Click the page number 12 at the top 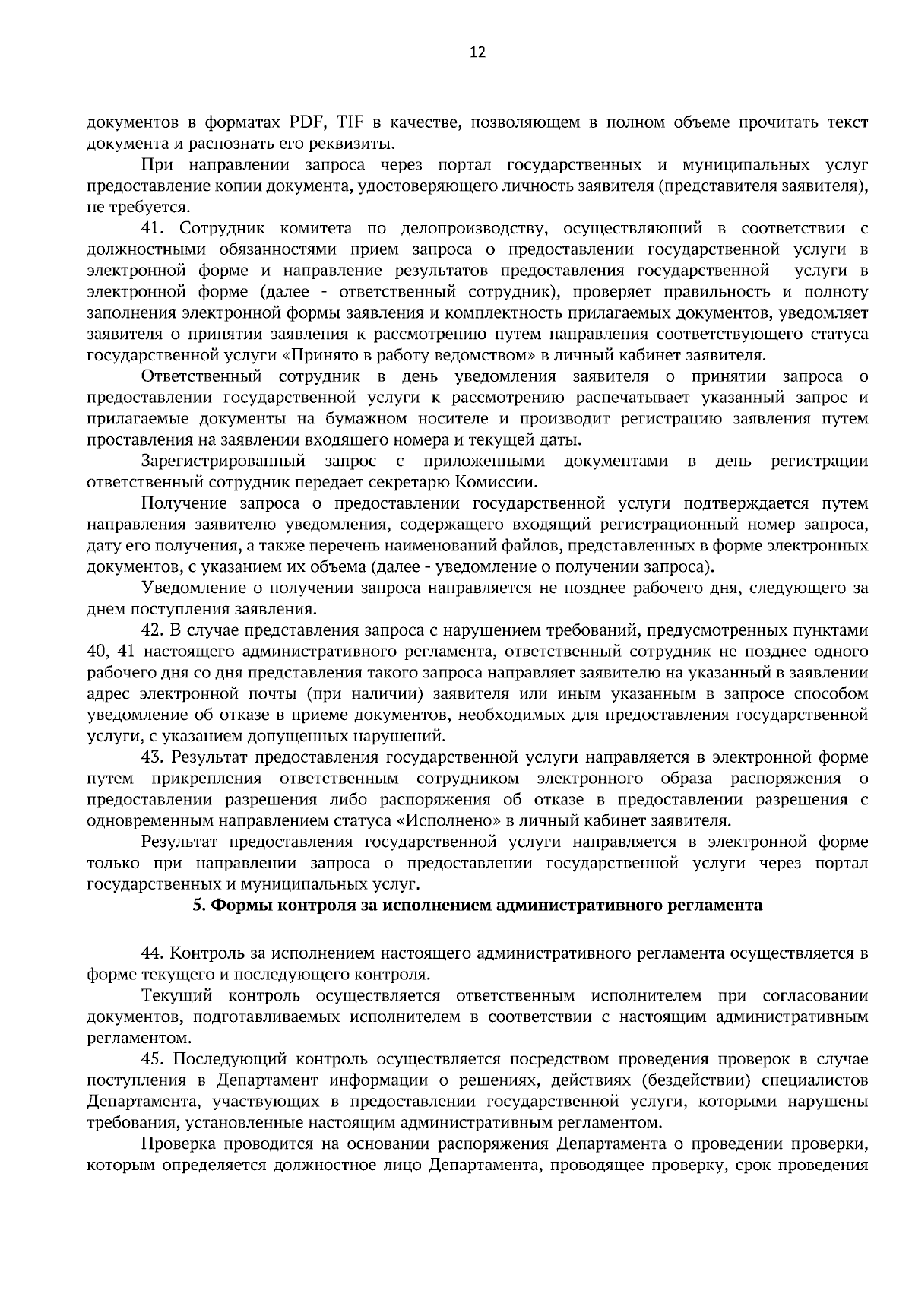pyautogui.click(x=477, y=52)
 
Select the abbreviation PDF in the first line pyautogui.click(x=306, y=122)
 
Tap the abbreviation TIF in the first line pyautogui.click(x=350, y=122)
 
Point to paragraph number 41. pyautogui.click(x=155, y=228)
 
